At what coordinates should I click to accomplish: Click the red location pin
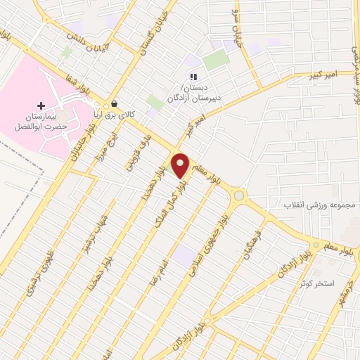[x=181, y=165]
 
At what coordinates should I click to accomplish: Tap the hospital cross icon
[x=40, y=105]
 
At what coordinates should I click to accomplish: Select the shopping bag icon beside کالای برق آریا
[x=114, y=104]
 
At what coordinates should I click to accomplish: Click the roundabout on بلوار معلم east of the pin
[x=239, y=195]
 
